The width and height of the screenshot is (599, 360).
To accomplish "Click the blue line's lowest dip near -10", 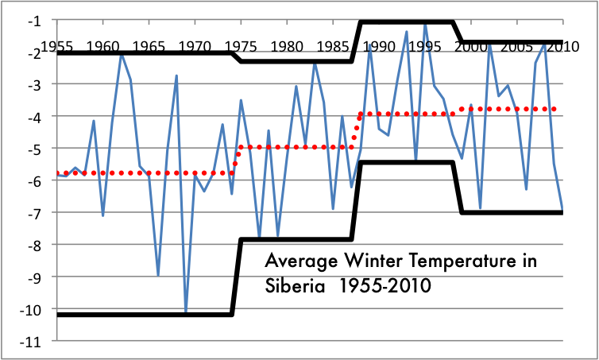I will tap(186, 312).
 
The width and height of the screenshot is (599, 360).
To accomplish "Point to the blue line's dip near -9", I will tap(158, 275).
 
